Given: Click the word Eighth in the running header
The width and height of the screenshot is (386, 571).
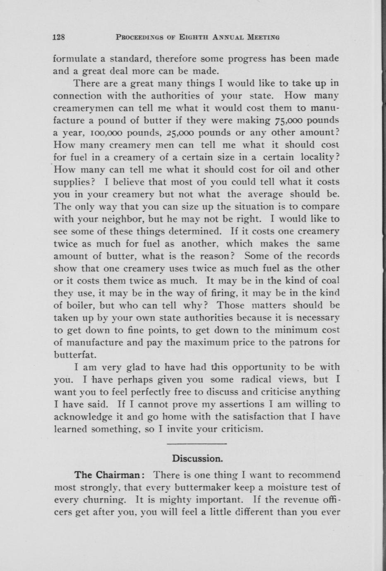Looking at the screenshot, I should [x=194, y=37].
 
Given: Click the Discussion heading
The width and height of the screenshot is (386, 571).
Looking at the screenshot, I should [x=198, y=458].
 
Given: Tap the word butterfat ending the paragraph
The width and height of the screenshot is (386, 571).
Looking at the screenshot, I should [x=75, y=355].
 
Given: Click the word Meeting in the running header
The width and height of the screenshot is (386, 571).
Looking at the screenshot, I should [x=263, y=37].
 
